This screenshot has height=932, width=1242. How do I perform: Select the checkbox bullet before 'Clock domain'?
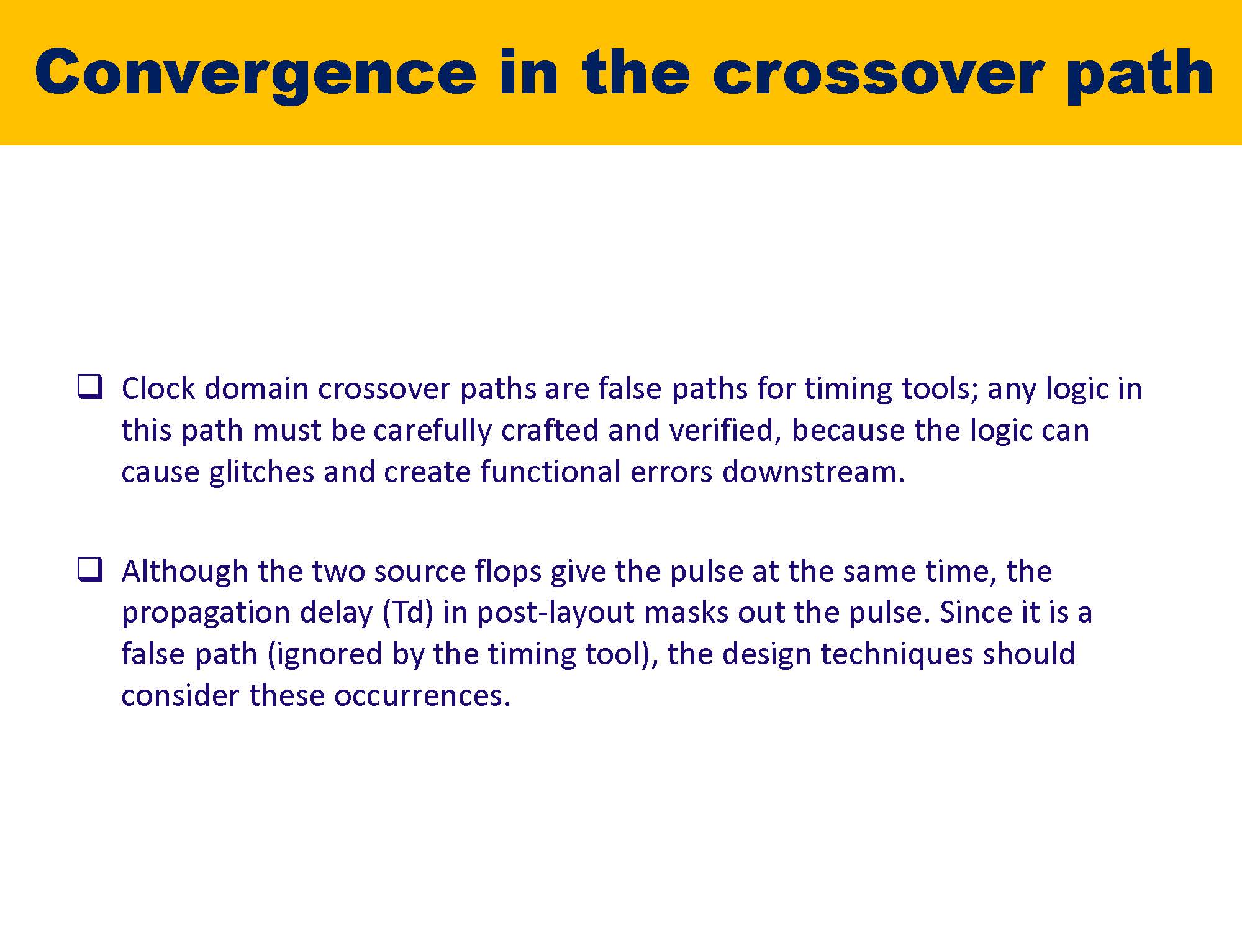(x=89, y=386)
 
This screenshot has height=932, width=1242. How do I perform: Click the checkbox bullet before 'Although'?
(x=89, y=569)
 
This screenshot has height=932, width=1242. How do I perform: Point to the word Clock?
(x=158, y=389)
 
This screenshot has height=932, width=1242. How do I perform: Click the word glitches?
(x=261, y=472)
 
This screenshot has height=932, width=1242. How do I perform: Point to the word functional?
(x=550, y=472)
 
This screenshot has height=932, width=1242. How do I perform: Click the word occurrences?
(x=422, y=696)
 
